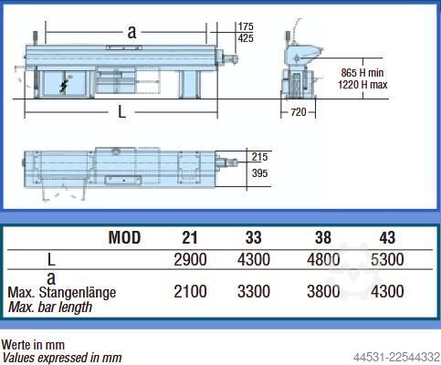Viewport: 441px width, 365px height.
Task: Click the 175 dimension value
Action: click(x=246, y=26)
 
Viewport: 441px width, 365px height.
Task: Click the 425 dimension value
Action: click(x=246, y=38)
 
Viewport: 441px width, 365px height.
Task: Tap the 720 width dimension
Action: click(x=299, y=112)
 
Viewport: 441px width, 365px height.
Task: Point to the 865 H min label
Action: click(x=362, y=73)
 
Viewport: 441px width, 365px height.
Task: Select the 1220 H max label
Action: click(x=362, y=85)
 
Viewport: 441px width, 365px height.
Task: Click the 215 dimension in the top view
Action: click(x=259, y=157)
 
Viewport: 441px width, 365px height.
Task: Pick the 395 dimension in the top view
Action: click(x=260, y=173)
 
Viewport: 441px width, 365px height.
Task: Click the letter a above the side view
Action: click(x=131, y=32)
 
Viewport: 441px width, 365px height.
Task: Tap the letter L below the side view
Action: click(x=121, y=112)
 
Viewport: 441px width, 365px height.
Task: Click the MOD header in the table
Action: click(x=124, y=237)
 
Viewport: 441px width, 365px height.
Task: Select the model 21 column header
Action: click(x=190, y=237)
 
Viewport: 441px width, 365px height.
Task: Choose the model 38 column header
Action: click(x=323, y=237)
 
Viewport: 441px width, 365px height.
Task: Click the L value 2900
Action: click(x=190, y=260)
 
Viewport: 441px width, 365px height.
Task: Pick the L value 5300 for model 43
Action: click(x=387, y=260)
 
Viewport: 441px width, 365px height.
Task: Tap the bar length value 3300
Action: click(x=254, y=291)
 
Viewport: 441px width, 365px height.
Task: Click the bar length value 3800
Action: click(x=323, y=291)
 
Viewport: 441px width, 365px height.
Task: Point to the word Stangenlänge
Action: click(x=78, y=293)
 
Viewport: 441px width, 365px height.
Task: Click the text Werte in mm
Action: click(x=33, y=345)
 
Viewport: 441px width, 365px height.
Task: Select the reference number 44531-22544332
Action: click(x=396, y=357)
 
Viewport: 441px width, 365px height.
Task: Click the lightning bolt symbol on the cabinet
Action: click(x=63, y=87)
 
